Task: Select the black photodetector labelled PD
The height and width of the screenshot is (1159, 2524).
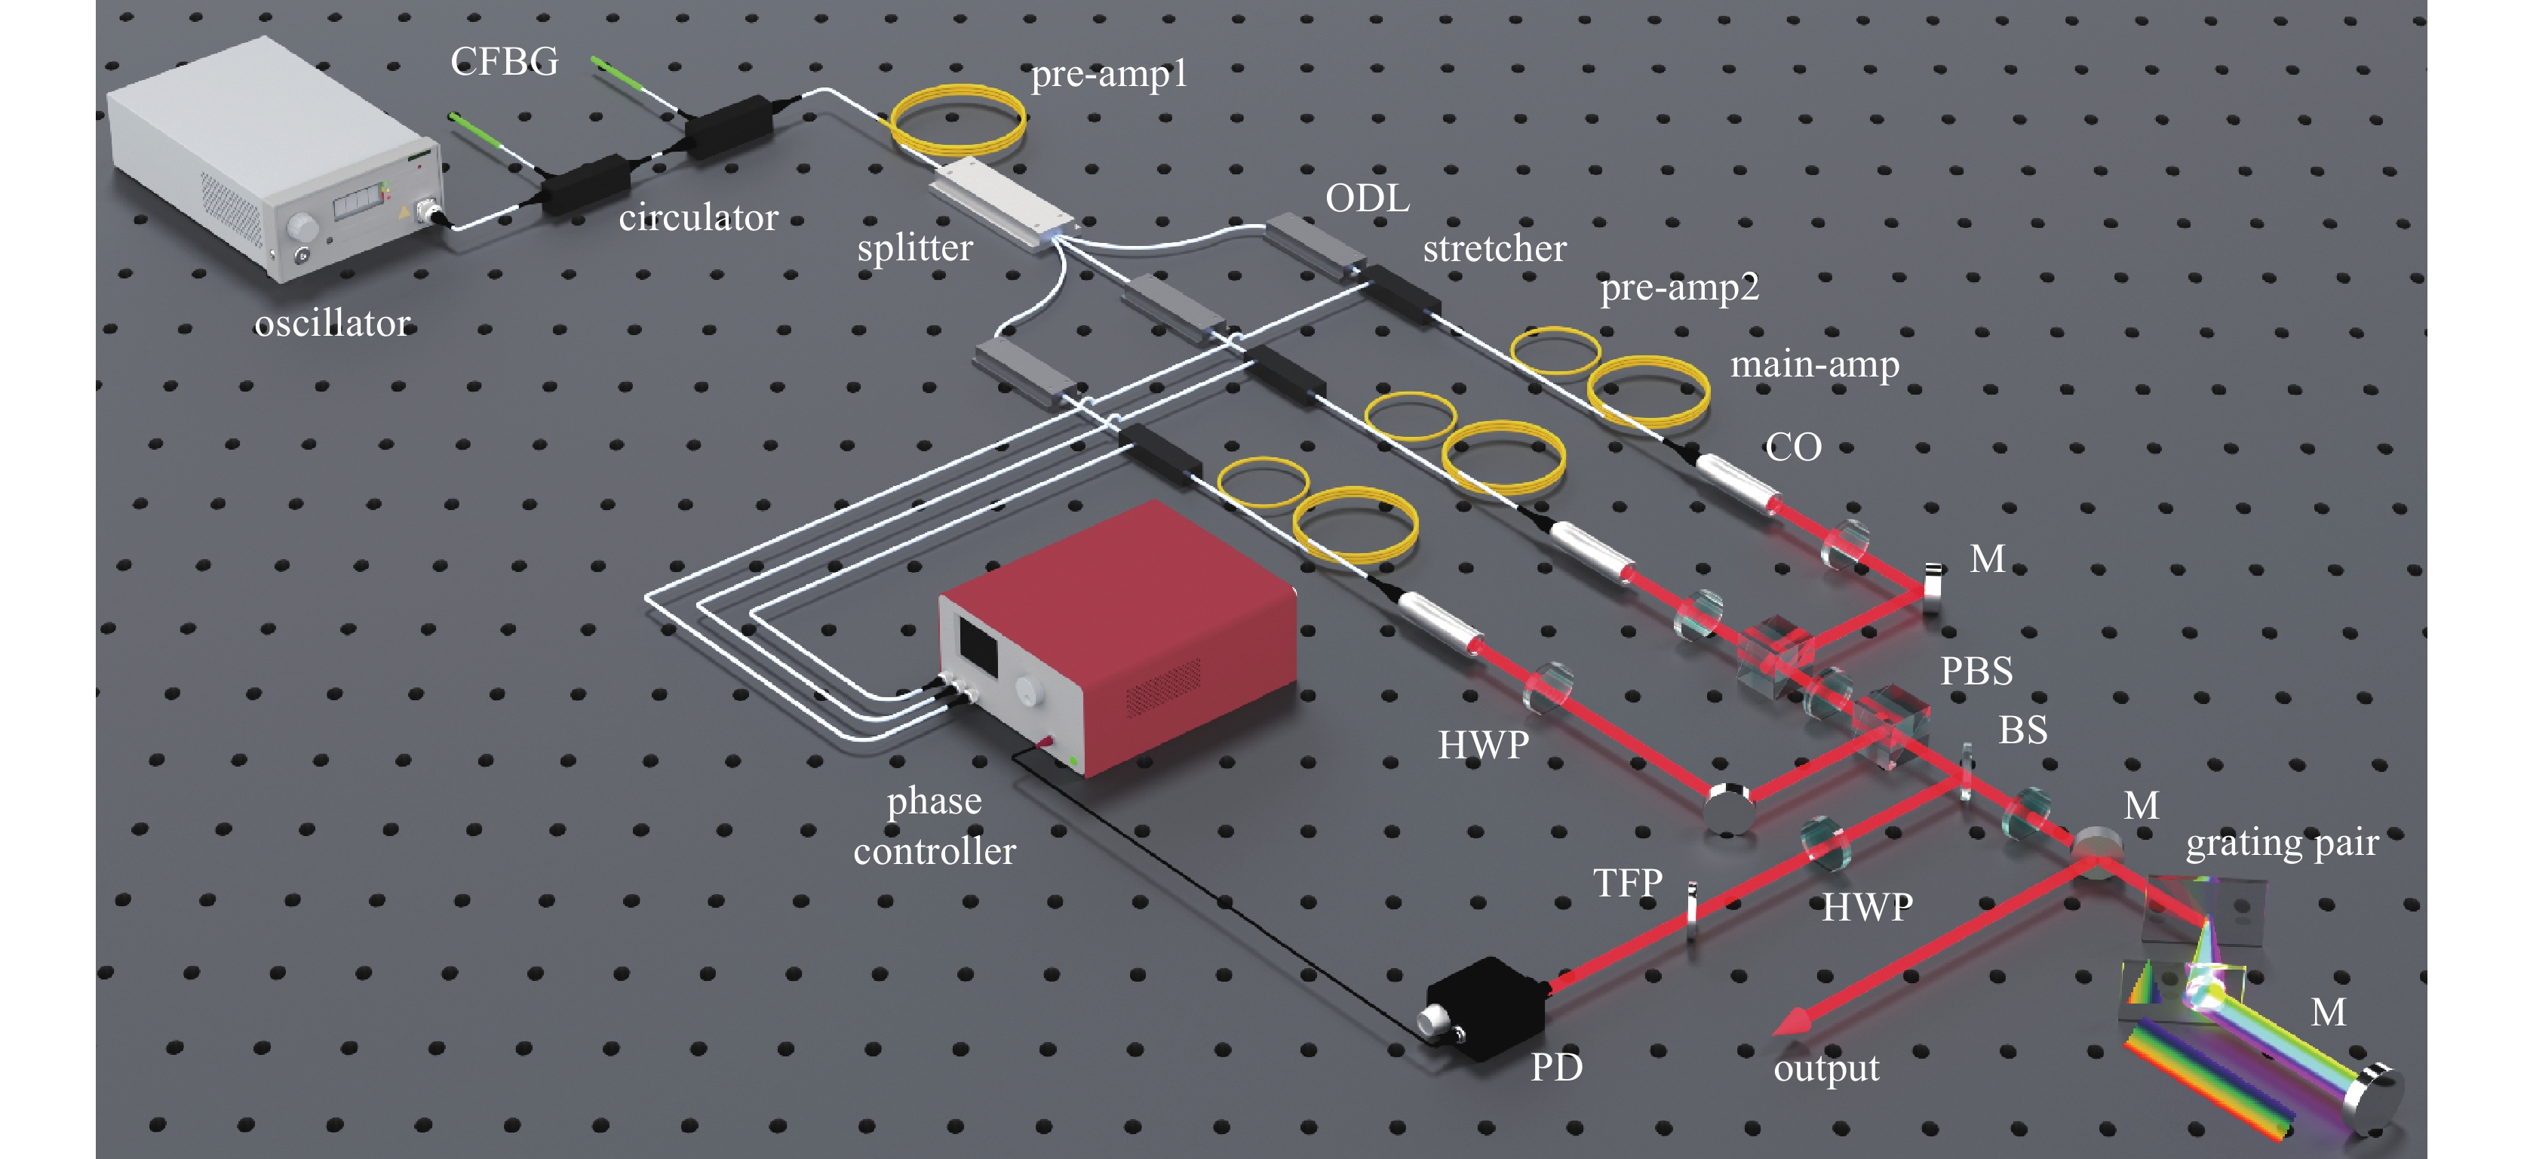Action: pos(1485,1009)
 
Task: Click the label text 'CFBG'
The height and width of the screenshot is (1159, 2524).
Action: pos(504,62)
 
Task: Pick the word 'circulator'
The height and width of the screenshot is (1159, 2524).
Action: pos(698,217)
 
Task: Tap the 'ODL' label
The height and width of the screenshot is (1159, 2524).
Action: pos(1367,199)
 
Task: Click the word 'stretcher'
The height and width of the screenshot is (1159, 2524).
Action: pos(1494,249)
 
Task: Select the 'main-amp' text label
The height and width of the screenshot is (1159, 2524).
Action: pos(1815,364)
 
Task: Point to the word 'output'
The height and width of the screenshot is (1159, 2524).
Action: pos(1825,1068)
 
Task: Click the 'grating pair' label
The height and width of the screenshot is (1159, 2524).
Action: pos(2281,843)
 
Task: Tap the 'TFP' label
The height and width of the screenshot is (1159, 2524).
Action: pos(1627,883)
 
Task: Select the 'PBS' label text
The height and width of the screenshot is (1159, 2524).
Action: pos(1976,671)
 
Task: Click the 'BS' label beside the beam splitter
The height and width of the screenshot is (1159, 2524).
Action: pos(2022,730)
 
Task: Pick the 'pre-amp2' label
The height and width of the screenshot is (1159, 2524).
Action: pos(1679,287)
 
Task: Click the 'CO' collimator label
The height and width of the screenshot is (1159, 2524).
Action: pos(1793,447)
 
